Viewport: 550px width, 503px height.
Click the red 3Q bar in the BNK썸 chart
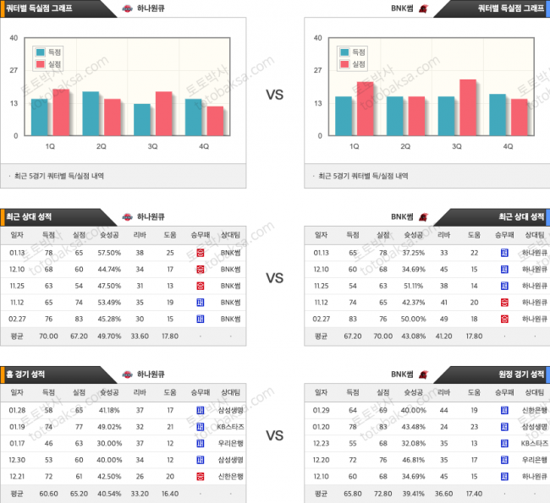tap(467, 107)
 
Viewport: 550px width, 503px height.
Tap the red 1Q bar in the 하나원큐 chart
tap(61, 112)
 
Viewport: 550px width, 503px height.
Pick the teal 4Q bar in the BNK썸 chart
tap(498, 115)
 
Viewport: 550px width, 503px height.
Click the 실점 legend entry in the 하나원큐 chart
tap(48, 63)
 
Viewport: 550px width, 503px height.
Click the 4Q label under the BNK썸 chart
tap(509, 146)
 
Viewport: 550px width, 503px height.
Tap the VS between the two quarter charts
tap(274, 95)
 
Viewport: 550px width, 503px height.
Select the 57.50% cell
tap(109, 253)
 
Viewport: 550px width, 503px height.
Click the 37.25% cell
tap(414, 253)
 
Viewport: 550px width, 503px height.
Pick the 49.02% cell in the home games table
tap(109, 426)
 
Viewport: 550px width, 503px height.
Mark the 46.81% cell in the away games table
tap(414, 459)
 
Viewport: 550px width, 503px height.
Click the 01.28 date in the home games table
tap(17, 410)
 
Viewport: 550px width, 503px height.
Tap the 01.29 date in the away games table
tap(322, 410)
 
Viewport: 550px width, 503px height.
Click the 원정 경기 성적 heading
tap(520, 374)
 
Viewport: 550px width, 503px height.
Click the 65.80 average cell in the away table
tap(352, 492)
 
